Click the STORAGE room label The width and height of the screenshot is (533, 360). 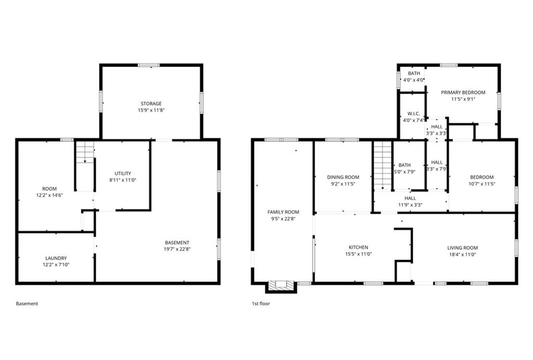pyautogui.click(x=151, y=104)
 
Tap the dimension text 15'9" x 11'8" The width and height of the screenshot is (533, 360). pyautogui.click(x=151, y=110)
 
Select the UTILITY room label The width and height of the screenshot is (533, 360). pyautogui.click(x=123, y=174)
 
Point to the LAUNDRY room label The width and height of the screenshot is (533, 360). pyautogui.click(x=56, y=259)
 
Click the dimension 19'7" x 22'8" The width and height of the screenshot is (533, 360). pyautogui.click(x=177, y=249)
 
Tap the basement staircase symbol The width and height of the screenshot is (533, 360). pyautogui.click(x=85, y=152)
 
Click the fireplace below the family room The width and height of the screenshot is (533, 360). pyautogui.click(x=281, y=286)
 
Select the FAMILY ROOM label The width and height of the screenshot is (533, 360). pyautogui.click(x=283, y=212)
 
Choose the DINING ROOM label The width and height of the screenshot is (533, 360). pyautogui.click(x=343, y=177)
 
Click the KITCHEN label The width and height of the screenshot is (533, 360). pyautogui.click(x=358, y=248)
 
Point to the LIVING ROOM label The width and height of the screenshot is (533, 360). pyautogui.click(x=462, y=248)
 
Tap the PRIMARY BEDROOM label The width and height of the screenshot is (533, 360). pyautogui.click(x=463, y=93)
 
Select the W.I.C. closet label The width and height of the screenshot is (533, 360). pyautogui.click(x=413, y=114)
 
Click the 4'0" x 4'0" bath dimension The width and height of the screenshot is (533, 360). pyautogui.click(x=413, y=80)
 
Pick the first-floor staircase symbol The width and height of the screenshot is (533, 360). pyautogui.click(x=383, y=165)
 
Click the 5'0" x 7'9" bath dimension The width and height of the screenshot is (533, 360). pyautogui.click(x=404, y=172)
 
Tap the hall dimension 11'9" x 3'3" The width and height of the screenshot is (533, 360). pyautogui.click(x=410, y=205)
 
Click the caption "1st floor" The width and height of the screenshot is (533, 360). pyautogui.click(x=261, y=304)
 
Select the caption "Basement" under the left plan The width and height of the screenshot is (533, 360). pyautogui.click(x=27, y=304)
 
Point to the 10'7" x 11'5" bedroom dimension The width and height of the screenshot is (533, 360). pyautogui.click(x=481, y=184)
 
